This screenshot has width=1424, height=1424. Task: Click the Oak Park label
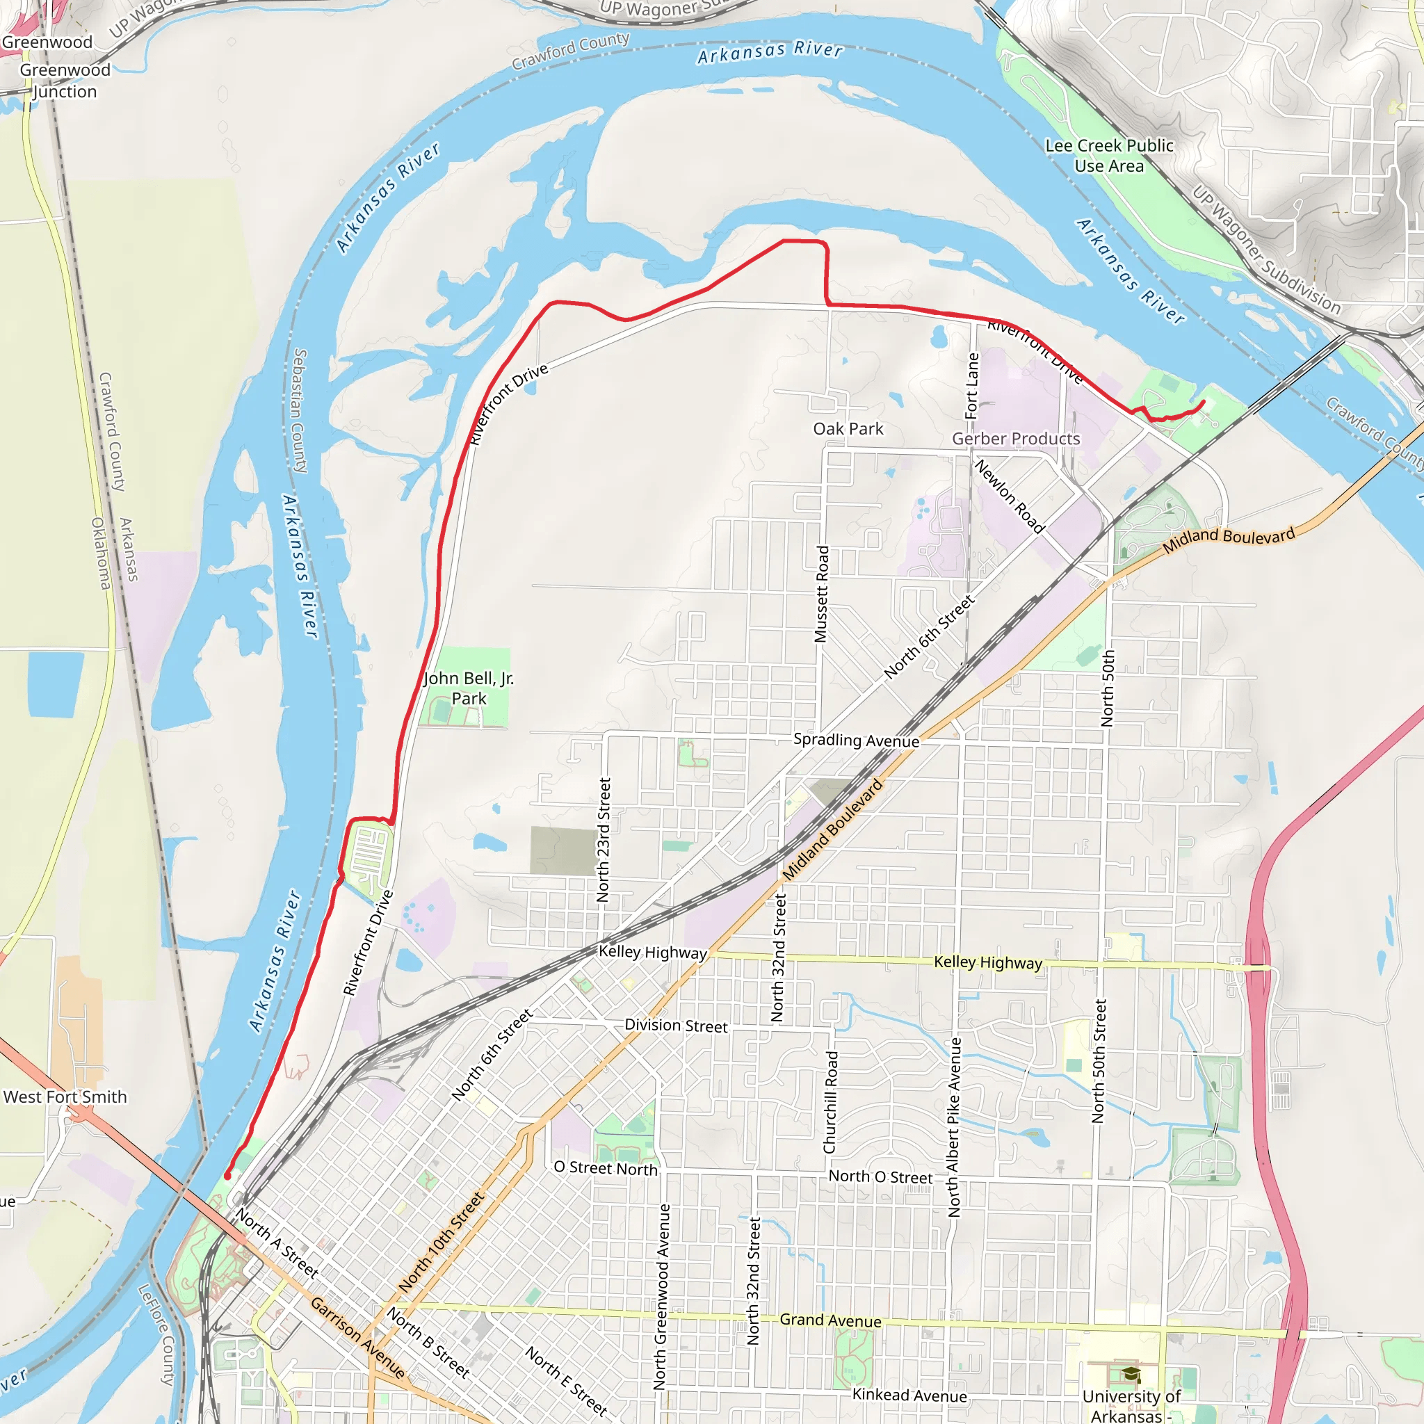click(x=848, y=429)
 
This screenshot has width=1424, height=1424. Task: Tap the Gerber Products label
click(x=1016, y=439)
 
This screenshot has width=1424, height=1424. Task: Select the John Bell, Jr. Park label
click(x=469, y=688)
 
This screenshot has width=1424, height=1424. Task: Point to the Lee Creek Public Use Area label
click(x=1109, y=156)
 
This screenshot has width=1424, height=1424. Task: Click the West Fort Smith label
click(x=65, y=1097)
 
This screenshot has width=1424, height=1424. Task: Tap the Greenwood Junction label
click(x=65, y=81)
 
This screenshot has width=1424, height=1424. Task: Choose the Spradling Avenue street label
click(x=856, y=740)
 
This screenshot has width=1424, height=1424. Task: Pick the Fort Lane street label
click(x=972, y=385)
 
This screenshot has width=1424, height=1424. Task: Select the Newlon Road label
click(x=1009, y=496)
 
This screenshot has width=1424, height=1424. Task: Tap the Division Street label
click(x=676, y=1026)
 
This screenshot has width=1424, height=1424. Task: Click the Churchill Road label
click(x=831, y=1102)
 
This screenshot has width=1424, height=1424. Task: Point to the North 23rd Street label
click(x=604, y=840)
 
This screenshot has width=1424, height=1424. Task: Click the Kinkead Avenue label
click(x=909, y=1395)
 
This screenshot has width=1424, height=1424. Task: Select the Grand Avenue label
click(x=830, y=1320)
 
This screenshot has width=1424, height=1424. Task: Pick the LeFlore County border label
click(x=156, y=1334)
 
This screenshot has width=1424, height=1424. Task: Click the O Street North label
click(x=605, y=1168)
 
